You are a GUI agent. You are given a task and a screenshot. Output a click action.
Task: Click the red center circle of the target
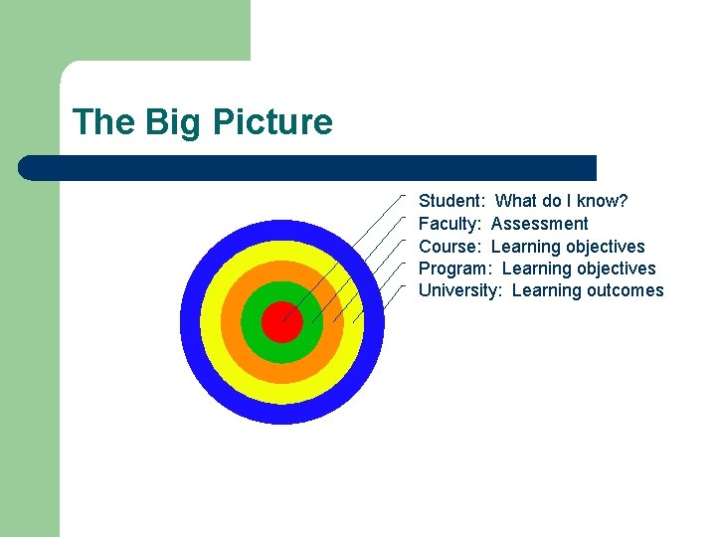coord(281,322)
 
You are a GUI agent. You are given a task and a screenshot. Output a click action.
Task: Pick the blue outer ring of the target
coord(281,414)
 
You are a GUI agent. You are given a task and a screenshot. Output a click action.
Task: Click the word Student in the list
coord(450,201)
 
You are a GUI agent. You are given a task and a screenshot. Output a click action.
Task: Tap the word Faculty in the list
coord(449,224)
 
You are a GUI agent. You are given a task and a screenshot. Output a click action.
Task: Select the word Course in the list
coord(449,247)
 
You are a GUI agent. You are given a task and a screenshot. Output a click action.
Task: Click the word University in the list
coord(459,290)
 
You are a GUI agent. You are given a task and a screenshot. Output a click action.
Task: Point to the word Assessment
coord(539,224)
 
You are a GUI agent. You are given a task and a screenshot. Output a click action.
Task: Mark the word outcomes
coord(626,290)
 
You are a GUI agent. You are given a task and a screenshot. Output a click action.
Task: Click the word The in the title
coord(102,122)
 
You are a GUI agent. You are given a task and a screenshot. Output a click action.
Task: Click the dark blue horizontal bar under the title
coord(308,167)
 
